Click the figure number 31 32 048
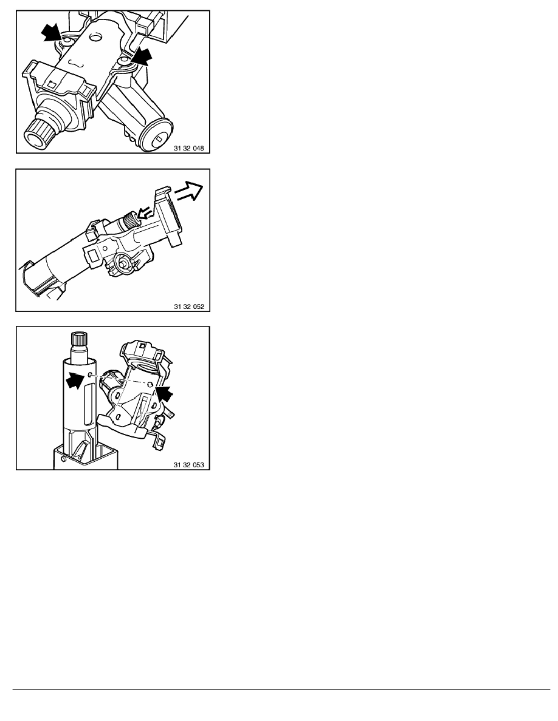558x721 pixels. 189,149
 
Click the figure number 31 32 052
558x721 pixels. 189,306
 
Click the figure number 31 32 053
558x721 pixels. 189,465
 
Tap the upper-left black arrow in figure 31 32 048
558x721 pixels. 52,33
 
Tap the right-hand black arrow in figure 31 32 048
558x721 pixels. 142,56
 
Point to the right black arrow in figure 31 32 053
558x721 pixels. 164,393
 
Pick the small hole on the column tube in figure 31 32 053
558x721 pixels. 90,375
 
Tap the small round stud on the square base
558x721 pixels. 63,458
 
